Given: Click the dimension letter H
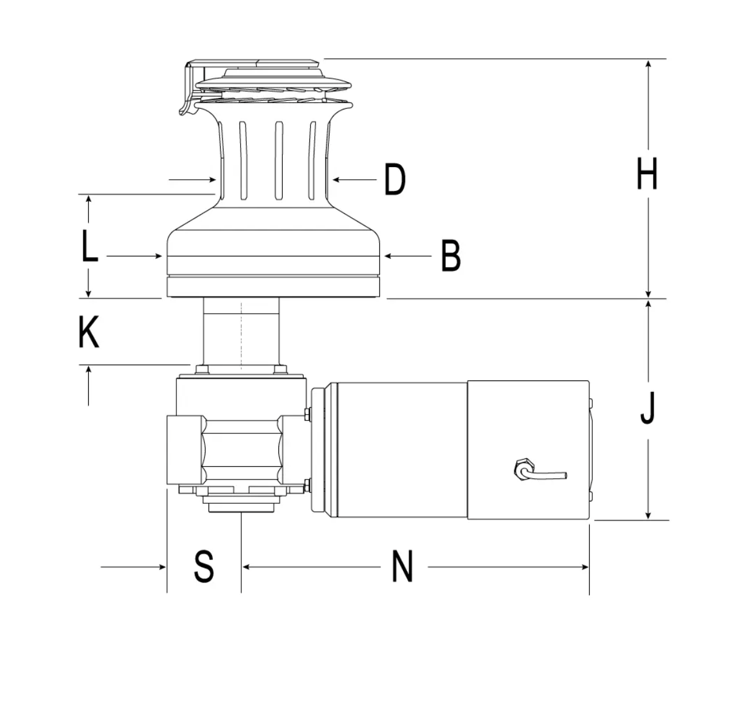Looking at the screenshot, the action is [x=647, y=173].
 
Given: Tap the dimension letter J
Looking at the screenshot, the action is [x=647, y=408].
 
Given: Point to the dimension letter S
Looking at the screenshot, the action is [x=204, y=566].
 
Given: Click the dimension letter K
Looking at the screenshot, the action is [x=89, y=332].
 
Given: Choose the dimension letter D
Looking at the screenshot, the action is [x=395, y=179].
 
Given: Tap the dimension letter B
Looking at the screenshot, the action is [x=451, y=255].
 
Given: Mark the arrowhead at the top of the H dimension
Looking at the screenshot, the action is [x=648, y=64].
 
